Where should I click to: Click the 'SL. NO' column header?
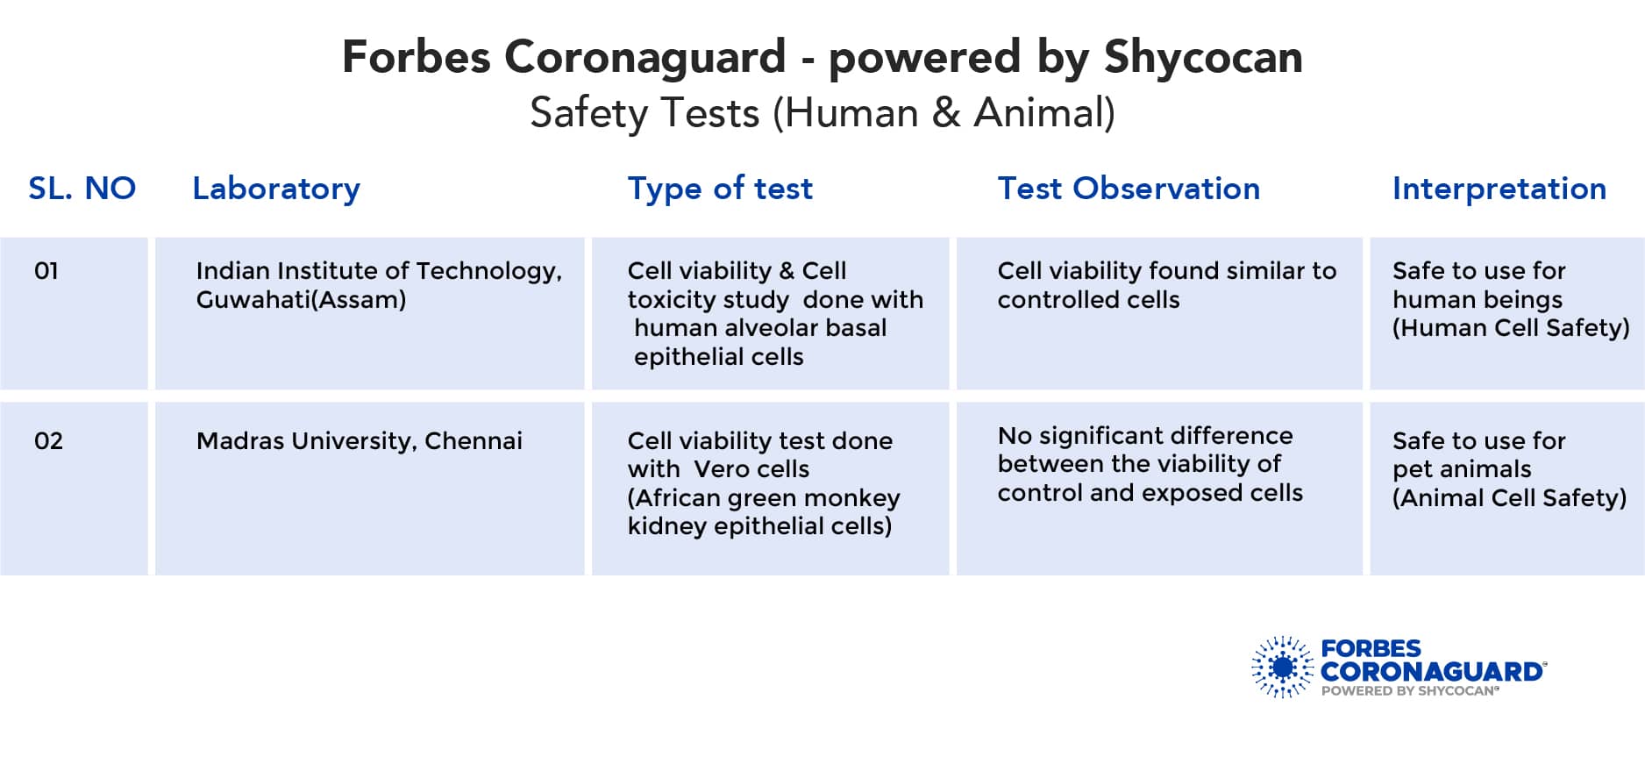[82, 189]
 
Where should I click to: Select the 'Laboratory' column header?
[276, 189]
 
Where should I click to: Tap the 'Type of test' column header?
[720, 189]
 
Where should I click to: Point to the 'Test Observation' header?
[1129, 189]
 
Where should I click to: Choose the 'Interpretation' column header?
[1499, 189]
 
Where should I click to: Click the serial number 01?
[46, 271]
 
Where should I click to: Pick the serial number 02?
[48, 441]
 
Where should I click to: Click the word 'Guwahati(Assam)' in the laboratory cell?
[301, 300]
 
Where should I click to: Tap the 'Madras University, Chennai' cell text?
[359, 441]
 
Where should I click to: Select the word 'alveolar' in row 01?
[760, 328]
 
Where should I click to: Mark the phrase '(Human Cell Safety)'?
[1511, 328]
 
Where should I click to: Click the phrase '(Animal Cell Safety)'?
[1509, 498]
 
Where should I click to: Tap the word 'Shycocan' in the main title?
[1203, 58]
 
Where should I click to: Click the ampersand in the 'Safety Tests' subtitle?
[946, 113]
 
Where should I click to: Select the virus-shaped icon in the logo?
[1283, 668]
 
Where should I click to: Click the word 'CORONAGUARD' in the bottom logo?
[1432, 672]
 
